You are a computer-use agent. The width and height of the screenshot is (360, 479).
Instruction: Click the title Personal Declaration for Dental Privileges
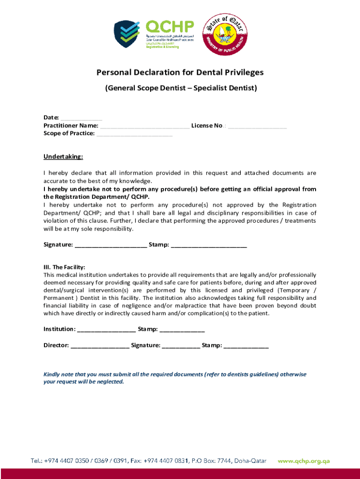click(x=180, y=73)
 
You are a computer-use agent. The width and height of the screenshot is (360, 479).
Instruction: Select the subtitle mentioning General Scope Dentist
click(x=180, y=87)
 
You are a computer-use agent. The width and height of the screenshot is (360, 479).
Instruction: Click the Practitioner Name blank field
click(x=144, y=126)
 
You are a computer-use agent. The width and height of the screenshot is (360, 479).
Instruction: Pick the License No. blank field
click(x=258, y=126)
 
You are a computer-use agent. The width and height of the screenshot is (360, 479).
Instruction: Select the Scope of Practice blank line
click(x=135, y=134)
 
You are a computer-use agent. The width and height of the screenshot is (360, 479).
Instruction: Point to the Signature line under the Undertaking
click(x=110, y=245)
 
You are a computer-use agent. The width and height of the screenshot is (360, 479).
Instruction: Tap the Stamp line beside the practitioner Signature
click(x=209, y=245)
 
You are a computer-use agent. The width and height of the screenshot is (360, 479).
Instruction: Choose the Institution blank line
click(x=106, y=329)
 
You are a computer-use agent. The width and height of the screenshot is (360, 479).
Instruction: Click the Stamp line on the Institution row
click(x=182, y=329)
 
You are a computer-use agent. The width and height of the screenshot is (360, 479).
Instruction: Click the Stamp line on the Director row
click(x=246, y=346)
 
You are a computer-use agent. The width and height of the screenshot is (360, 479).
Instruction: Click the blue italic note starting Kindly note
click(x=175, y=378)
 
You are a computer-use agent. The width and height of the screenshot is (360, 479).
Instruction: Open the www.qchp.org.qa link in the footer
click(x=304, y=461)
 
